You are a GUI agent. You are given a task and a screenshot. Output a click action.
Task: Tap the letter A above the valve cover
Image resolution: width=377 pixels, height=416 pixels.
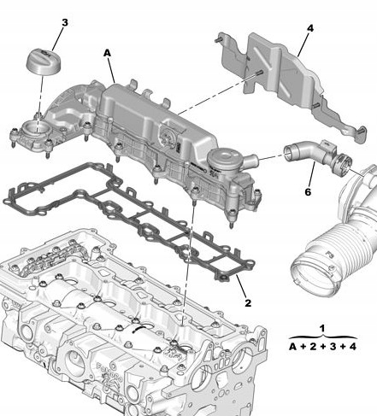point(107,53)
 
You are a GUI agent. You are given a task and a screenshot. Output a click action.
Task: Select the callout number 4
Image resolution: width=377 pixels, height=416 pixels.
point(310,28)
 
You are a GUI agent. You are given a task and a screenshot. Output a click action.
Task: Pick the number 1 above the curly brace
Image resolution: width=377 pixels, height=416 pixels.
point(321,328)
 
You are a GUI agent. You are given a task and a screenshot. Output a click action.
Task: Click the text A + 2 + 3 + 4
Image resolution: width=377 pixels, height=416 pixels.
point(322,348)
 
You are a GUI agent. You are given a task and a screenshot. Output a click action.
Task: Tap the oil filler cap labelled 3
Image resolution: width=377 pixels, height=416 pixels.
point(42,63)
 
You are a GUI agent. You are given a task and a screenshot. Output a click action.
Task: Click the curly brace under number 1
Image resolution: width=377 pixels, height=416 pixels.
point(321,337)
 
